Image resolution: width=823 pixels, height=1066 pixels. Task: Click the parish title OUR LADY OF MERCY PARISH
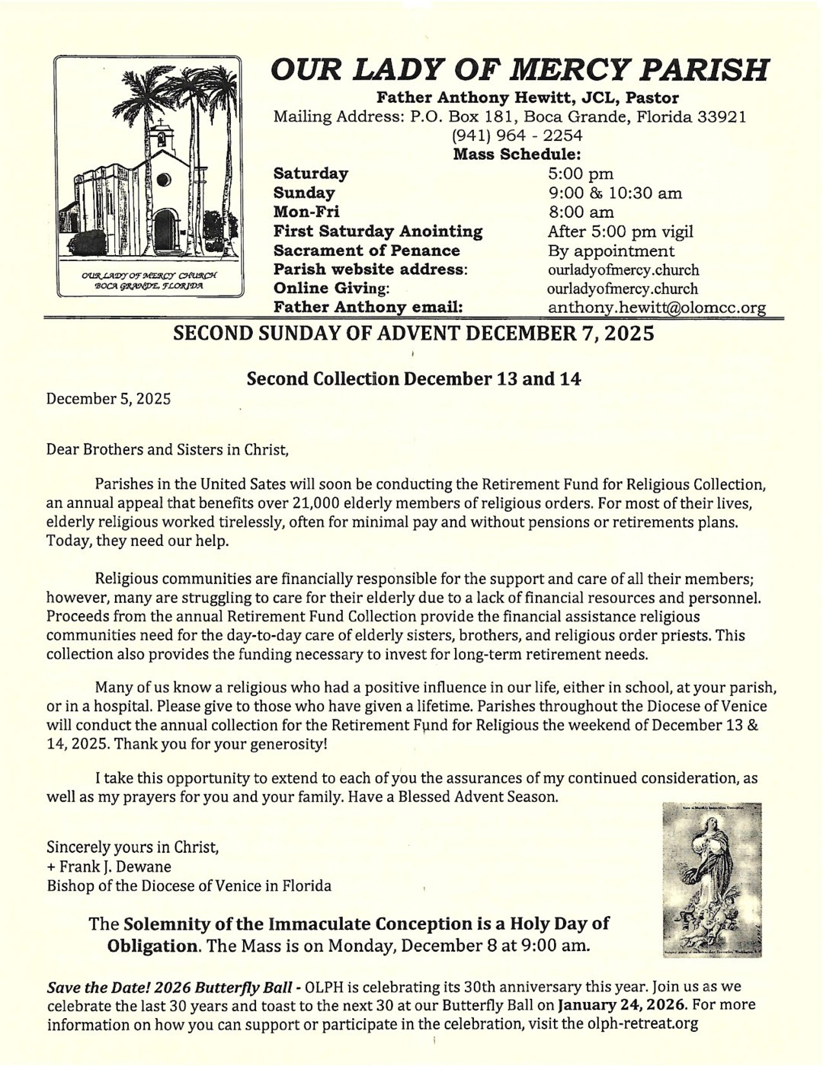point(520,71)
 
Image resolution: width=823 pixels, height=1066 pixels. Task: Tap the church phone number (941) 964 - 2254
point(517,136)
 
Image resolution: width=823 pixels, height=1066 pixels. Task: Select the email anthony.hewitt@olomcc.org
point(656,308)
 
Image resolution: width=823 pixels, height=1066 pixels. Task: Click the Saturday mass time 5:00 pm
point(581,174)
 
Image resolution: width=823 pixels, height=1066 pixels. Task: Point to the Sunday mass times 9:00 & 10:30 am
point(614,193)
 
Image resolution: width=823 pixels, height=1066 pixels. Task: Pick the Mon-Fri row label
point(306,212)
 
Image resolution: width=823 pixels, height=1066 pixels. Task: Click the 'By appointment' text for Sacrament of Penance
point(610,251)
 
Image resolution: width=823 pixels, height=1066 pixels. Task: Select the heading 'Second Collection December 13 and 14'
point(414,378)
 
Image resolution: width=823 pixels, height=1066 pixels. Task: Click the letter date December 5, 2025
point(108,398)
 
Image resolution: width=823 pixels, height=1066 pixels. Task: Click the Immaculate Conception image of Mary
point(713,879)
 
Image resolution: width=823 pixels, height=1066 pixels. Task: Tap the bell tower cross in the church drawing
point(159,120)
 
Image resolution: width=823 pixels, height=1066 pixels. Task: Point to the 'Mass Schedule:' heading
point(517,155)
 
